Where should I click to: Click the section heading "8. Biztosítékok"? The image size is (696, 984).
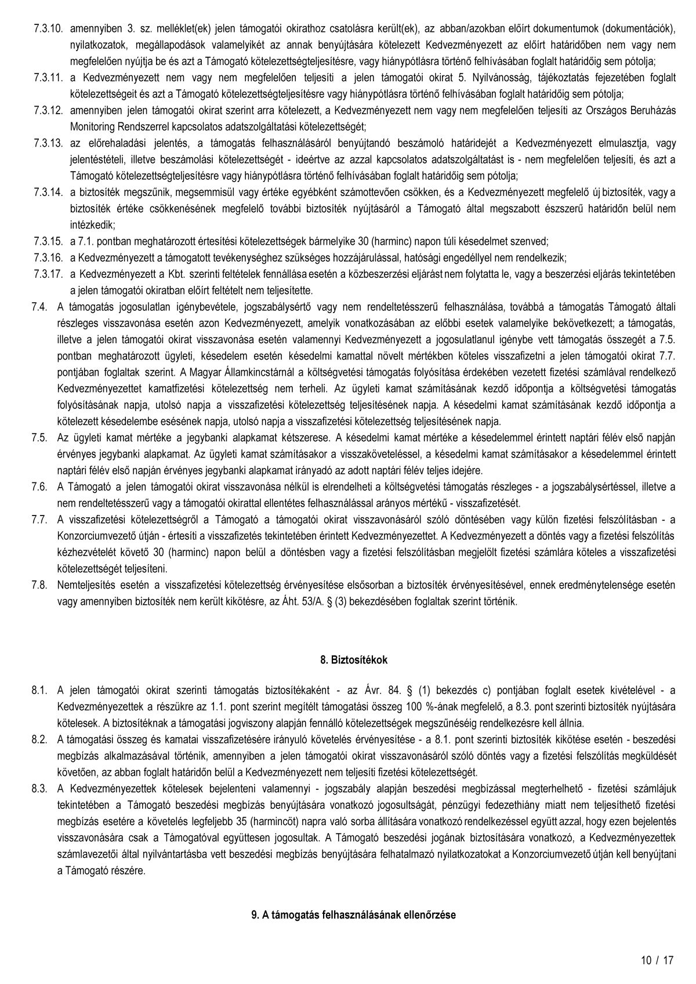point(354,660)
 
